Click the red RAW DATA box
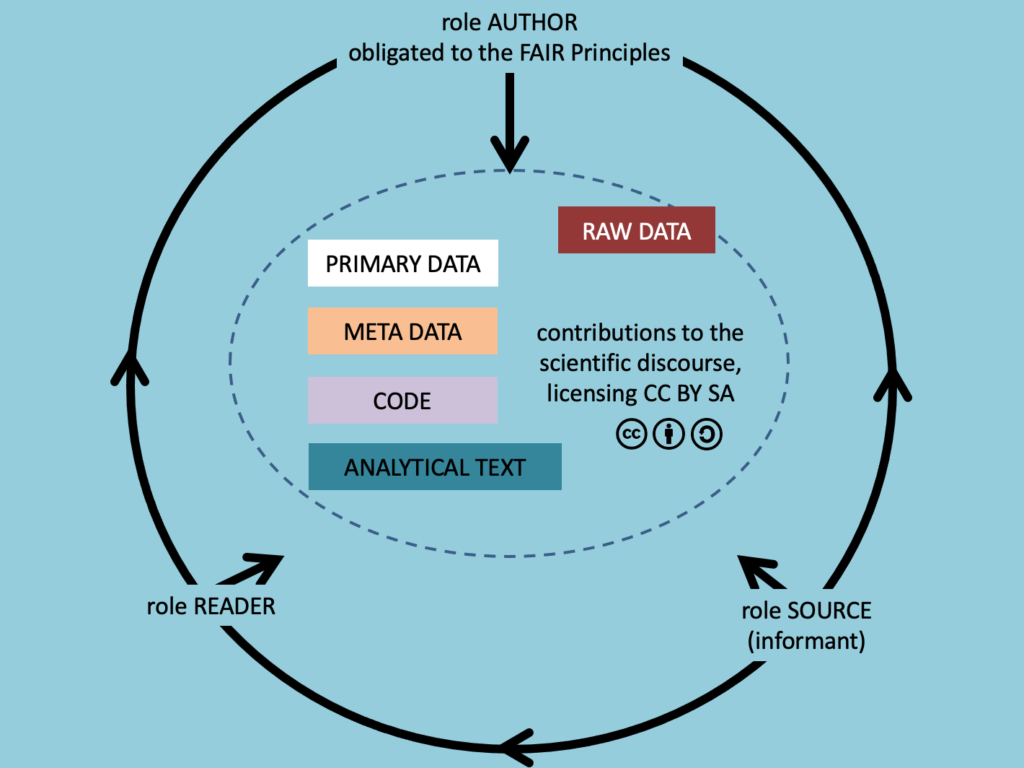(x=636, y=230)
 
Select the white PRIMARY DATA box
(x=402, y=263)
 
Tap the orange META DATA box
(x=402, y=331)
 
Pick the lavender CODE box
(x=402, y=400)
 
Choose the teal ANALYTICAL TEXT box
(x=434, y=467)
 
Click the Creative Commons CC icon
(x=631, y=435)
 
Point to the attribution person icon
(x=668, y=435)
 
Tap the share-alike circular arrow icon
(x=707, y=435)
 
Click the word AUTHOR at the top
(x=533, y=22)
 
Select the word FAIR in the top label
(x=542, y=53)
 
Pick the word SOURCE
(x=829, y=611)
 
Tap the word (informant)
(x=806, y=641)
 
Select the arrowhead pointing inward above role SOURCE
(x=754, y=569)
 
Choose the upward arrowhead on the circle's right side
(x=893, y=383)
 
